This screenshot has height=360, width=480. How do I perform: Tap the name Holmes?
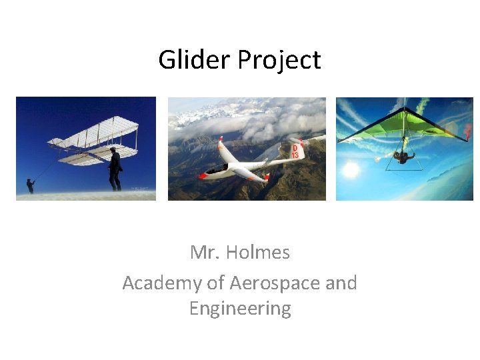(258, 252)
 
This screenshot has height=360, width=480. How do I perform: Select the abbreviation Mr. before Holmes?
(205, 252)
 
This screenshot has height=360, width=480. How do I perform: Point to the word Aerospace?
(275, 283)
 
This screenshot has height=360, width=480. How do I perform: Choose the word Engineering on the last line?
(240, 309)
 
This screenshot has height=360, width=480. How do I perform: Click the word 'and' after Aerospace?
(341, 283)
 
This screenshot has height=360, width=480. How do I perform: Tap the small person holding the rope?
(30, 185)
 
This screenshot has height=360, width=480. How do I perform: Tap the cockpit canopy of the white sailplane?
(217, 169)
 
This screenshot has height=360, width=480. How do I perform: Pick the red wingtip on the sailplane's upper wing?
(221, 142)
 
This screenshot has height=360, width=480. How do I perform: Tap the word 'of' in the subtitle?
(215, 283)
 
